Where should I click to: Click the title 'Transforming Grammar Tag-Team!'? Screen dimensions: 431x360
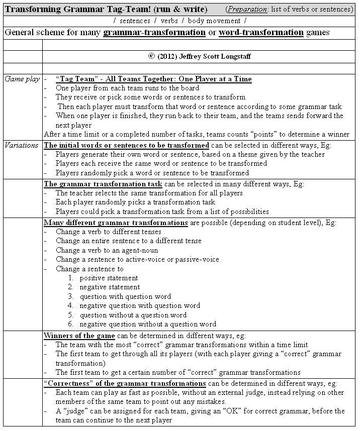(70, 9)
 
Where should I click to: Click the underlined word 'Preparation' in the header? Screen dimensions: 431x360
(247, 9)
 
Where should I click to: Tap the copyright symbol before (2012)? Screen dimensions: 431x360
(151, 56)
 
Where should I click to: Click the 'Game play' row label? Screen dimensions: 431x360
(22, 79)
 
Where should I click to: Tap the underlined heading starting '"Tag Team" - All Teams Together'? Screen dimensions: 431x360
(153, 79)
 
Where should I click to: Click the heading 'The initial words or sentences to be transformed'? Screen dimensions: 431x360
(126, 145)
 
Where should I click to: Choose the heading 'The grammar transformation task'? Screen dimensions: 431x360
(103, 184)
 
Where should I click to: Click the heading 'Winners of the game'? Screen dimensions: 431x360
(79, 335)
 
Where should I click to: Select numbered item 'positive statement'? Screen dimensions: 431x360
(109, 278)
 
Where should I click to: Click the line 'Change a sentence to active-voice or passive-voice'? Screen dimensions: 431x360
(137, 259)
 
